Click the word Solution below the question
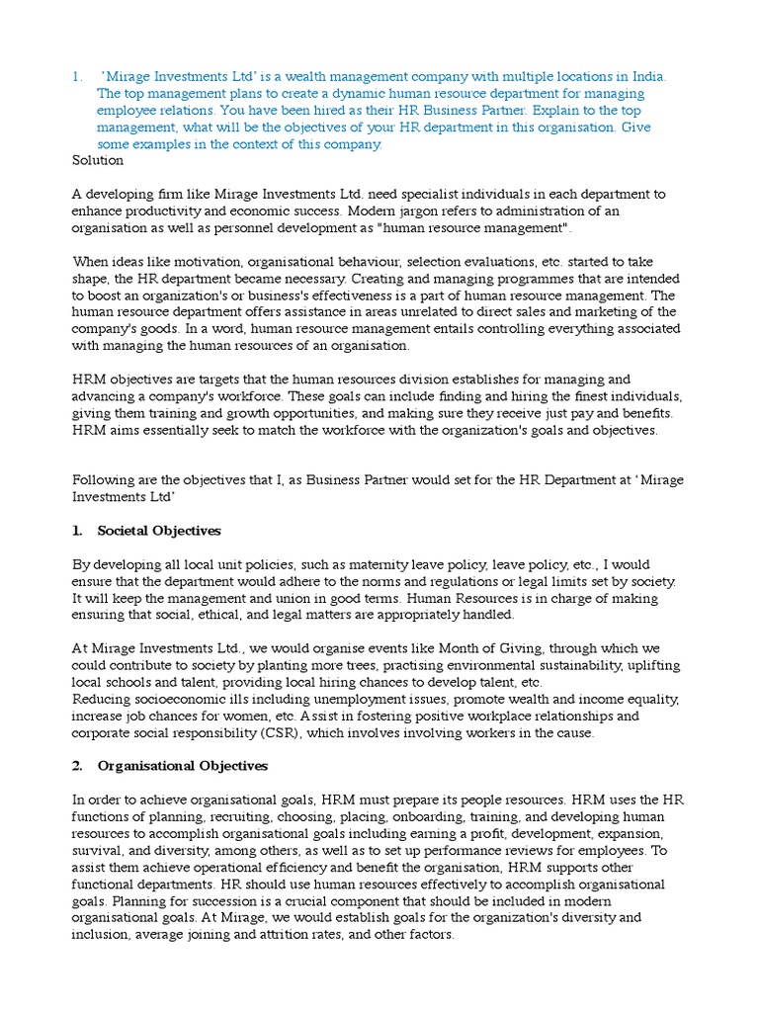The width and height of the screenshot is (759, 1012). pos(98,160)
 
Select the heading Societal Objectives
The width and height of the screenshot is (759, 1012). pos(159,531)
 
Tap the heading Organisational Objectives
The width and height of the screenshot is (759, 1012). pos(183,766)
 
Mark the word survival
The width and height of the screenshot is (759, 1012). pos(97,850)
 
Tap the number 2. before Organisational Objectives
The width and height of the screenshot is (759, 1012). pos(78,766)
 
